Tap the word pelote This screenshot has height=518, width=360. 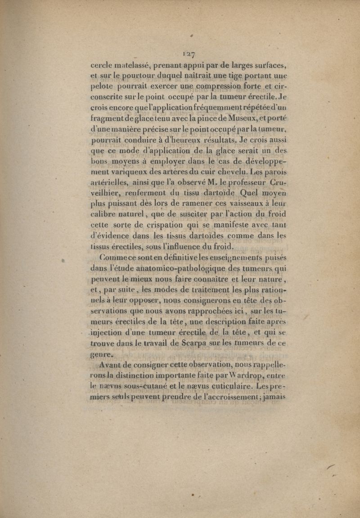pyautogui.click(x=103, y=85)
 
